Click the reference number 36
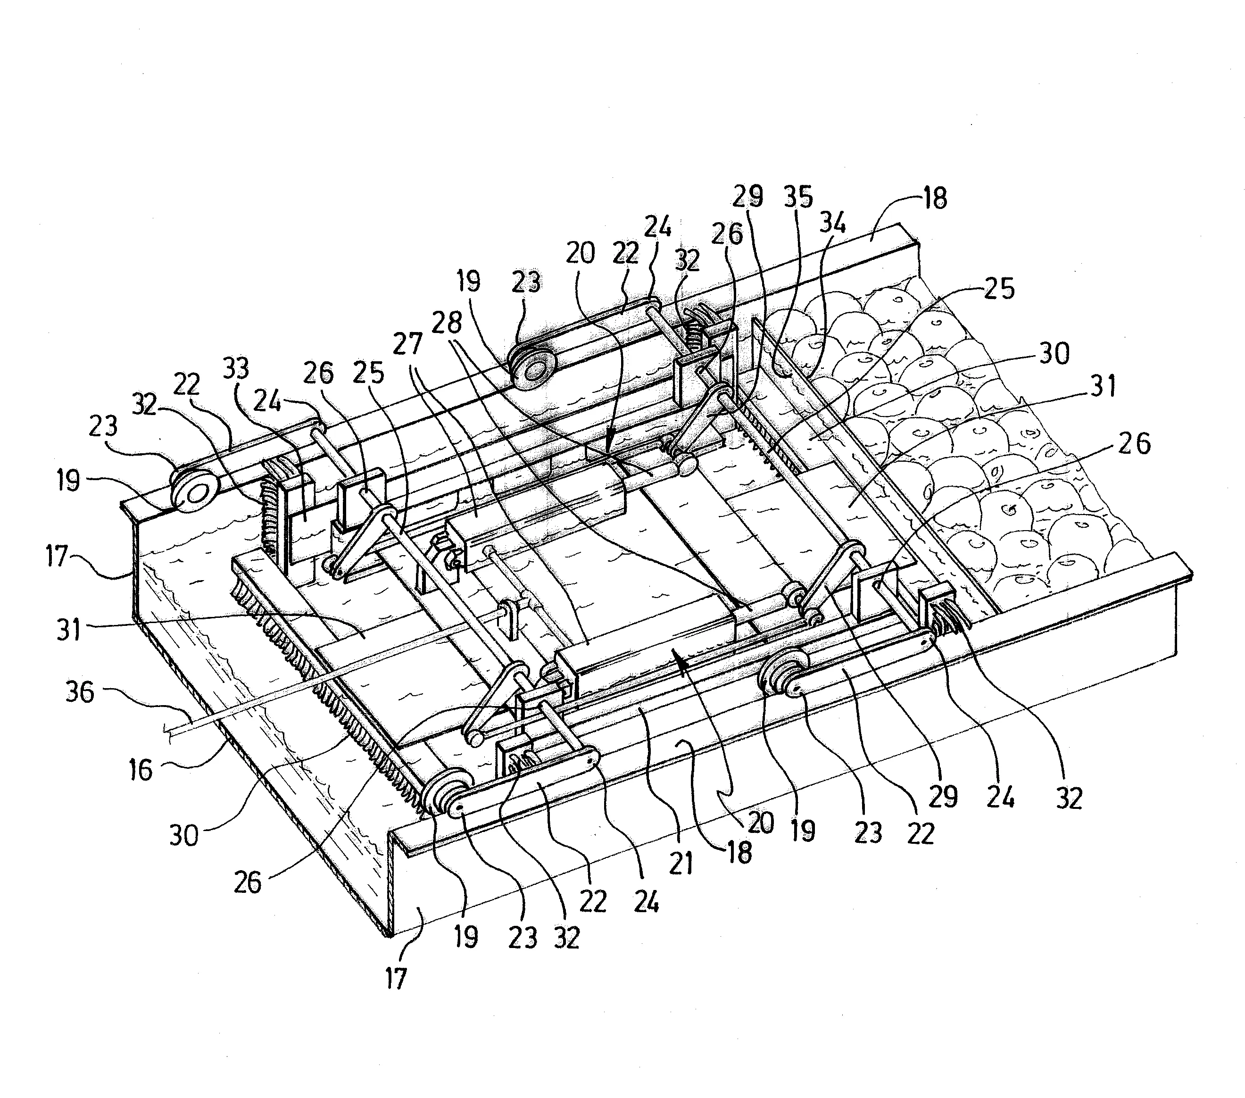[80, 693]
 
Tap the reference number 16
[141, 770]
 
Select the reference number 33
[236, 369]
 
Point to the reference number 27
[407, 344]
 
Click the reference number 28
[448, 322]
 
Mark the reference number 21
[681, 862]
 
